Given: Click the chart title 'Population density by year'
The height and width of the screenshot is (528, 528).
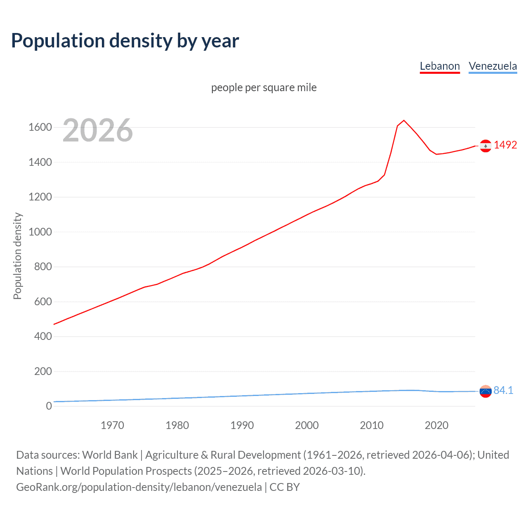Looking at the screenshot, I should click(x=125, y=41).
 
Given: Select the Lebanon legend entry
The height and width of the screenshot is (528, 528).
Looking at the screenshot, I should click(x=440, y=66).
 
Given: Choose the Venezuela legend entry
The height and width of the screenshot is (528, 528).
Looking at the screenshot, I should click(x=493, y=66).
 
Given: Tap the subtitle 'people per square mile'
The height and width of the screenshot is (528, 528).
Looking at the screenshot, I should click(x=264, y=87).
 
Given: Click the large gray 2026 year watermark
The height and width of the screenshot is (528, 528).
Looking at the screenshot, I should click(x=98, y=130).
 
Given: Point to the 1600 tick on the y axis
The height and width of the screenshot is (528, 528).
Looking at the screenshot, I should click(x=40, y=127).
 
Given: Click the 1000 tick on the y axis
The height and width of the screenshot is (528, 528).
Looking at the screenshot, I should click(x=40, y=232).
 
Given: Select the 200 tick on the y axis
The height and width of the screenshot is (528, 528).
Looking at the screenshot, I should click(x=43, y=371).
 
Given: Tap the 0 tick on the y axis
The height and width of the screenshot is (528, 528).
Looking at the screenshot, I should click(x=49, y=406).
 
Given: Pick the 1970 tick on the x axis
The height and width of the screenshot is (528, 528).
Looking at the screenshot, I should click(x=112, y=425).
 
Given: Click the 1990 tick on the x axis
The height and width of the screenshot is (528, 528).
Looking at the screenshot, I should click(x=242, y=425).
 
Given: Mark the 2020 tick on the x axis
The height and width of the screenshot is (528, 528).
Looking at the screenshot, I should click(x=436, y=425).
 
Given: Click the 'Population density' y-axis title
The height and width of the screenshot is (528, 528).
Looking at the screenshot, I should click(x=17, y=256).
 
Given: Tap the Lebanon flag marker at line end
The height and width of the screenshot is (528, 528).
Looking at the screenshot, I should click(x=486, y=146).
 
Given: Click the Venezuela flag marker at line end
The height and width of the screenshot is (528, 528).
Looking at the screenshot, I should click(x=486, y=391).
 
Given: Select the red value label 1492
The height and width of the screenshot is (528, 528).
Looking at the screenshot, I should click(x=505, y=145).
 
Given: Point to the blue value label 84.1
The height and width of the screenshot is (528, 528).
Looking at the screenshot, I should click(x=503, y=390).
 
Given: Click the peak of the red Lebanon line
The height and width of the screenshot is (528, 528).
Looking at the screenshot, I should click(x=404, y=120).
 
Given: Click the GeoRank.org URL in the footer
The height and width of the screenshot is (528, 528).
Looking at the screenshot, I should click(x=139, y=487).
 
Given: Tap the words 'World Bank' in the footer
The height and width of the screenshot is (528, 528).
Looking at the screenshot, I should click(x=110, y=455).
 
